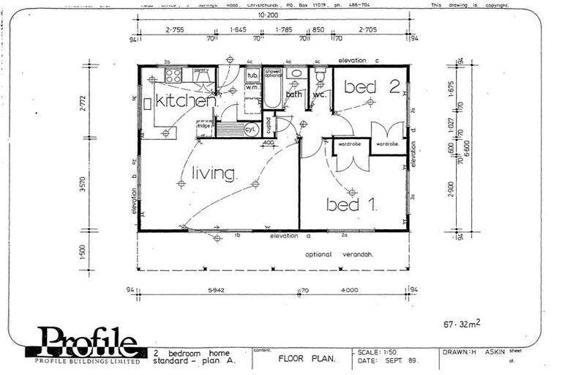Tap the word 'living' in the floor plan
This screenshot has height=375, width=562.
(214, 174)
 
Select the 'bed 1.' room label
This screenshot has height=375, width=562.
(352, 205)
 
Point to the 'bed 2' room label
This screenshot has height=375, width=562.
(371, 87)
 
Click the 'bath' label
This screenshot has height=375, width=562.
(294, 94)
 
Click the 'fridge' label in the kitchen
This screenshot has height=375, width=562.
(204, 127)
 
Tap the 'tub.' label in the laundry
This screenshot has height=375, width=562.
(252, 75)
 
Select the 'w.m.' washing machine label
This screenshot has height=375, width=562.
(252, 88)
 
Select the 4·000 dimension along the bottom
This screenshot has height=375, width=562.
(350, 290)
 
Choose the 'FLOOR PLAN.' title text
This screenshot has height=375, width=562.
(306, 359)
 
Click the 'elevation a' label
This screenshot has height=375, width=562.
(291, 236)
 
